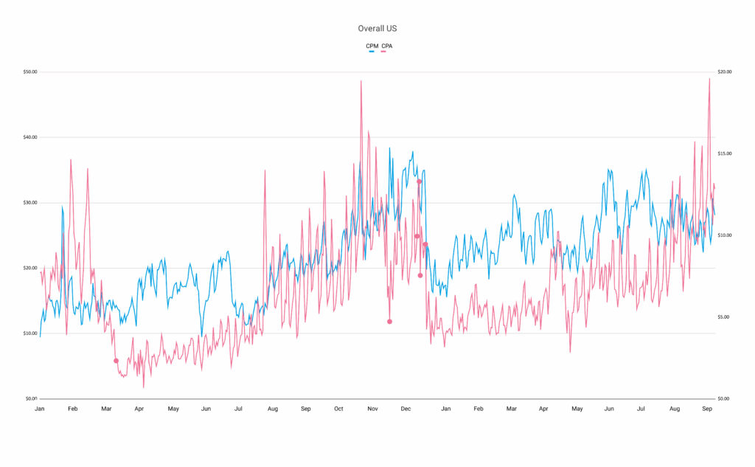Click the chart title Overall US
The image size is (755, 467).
pos(377,28)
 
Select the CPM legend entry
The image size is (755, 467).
pos(372,46)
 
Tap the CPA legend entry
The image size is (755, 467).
pos(386,46)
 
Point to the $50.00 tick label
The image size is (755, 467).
pos(30,72)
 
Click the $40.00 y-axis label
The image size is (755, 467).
pos(30,137)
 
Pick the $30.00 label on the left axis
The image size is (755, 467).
pos(30,203)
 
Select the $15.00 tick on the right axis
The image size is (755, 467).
pos(724,154)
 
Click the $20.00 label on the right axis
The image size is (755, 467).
pos(724,72)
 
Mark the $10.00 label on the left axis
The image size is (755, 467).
pos(30,333)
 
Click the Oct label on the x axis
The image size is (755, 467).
pos(338,409)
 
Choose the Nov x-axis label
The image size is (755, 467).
pos(372,409)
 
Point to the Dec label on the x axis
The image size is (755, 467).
pos(406,409)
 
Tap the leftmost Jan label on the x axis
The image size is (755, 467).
pos(40,409)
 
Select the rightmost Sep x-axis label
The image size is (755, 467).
pos(707,409)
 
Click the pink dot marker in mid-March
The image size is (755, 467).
pos(116,361)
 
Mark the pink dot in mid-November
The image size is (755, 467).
pos(389,322)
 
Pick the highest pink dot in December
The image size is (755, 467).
pos(419,181)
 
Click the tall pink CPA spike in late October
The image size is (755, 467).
pos(361,81)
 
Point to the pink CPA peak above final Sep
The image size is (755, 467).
pos(709,79)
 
